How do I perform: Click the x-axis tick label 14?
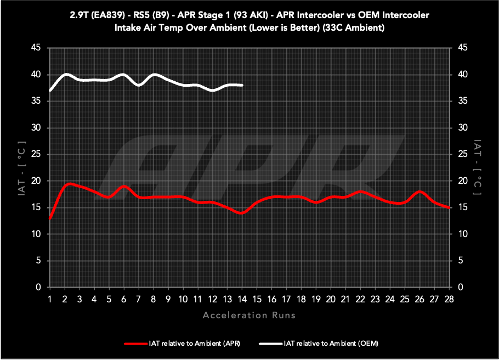(242, 299)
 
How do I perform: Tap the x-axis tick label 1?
(50, 299)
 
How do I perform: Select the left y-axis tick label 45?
(36, 48)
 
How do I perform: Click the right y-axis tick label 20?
(463, 181)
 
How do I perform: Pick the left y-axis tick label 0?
(38, 288)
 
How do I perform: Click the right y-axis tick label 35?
(463, 102)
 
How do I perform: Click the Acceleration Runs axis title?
(250, 315)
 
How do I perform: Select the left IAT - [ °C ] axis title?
(21, 167)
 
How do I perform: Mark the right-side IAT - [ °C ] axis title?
(478, 167)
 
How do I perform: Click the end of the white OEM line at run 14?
(242, 85)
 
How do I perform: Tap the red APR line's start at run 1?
(50, 218)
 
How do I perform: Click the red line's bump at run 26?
(420, 192)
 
